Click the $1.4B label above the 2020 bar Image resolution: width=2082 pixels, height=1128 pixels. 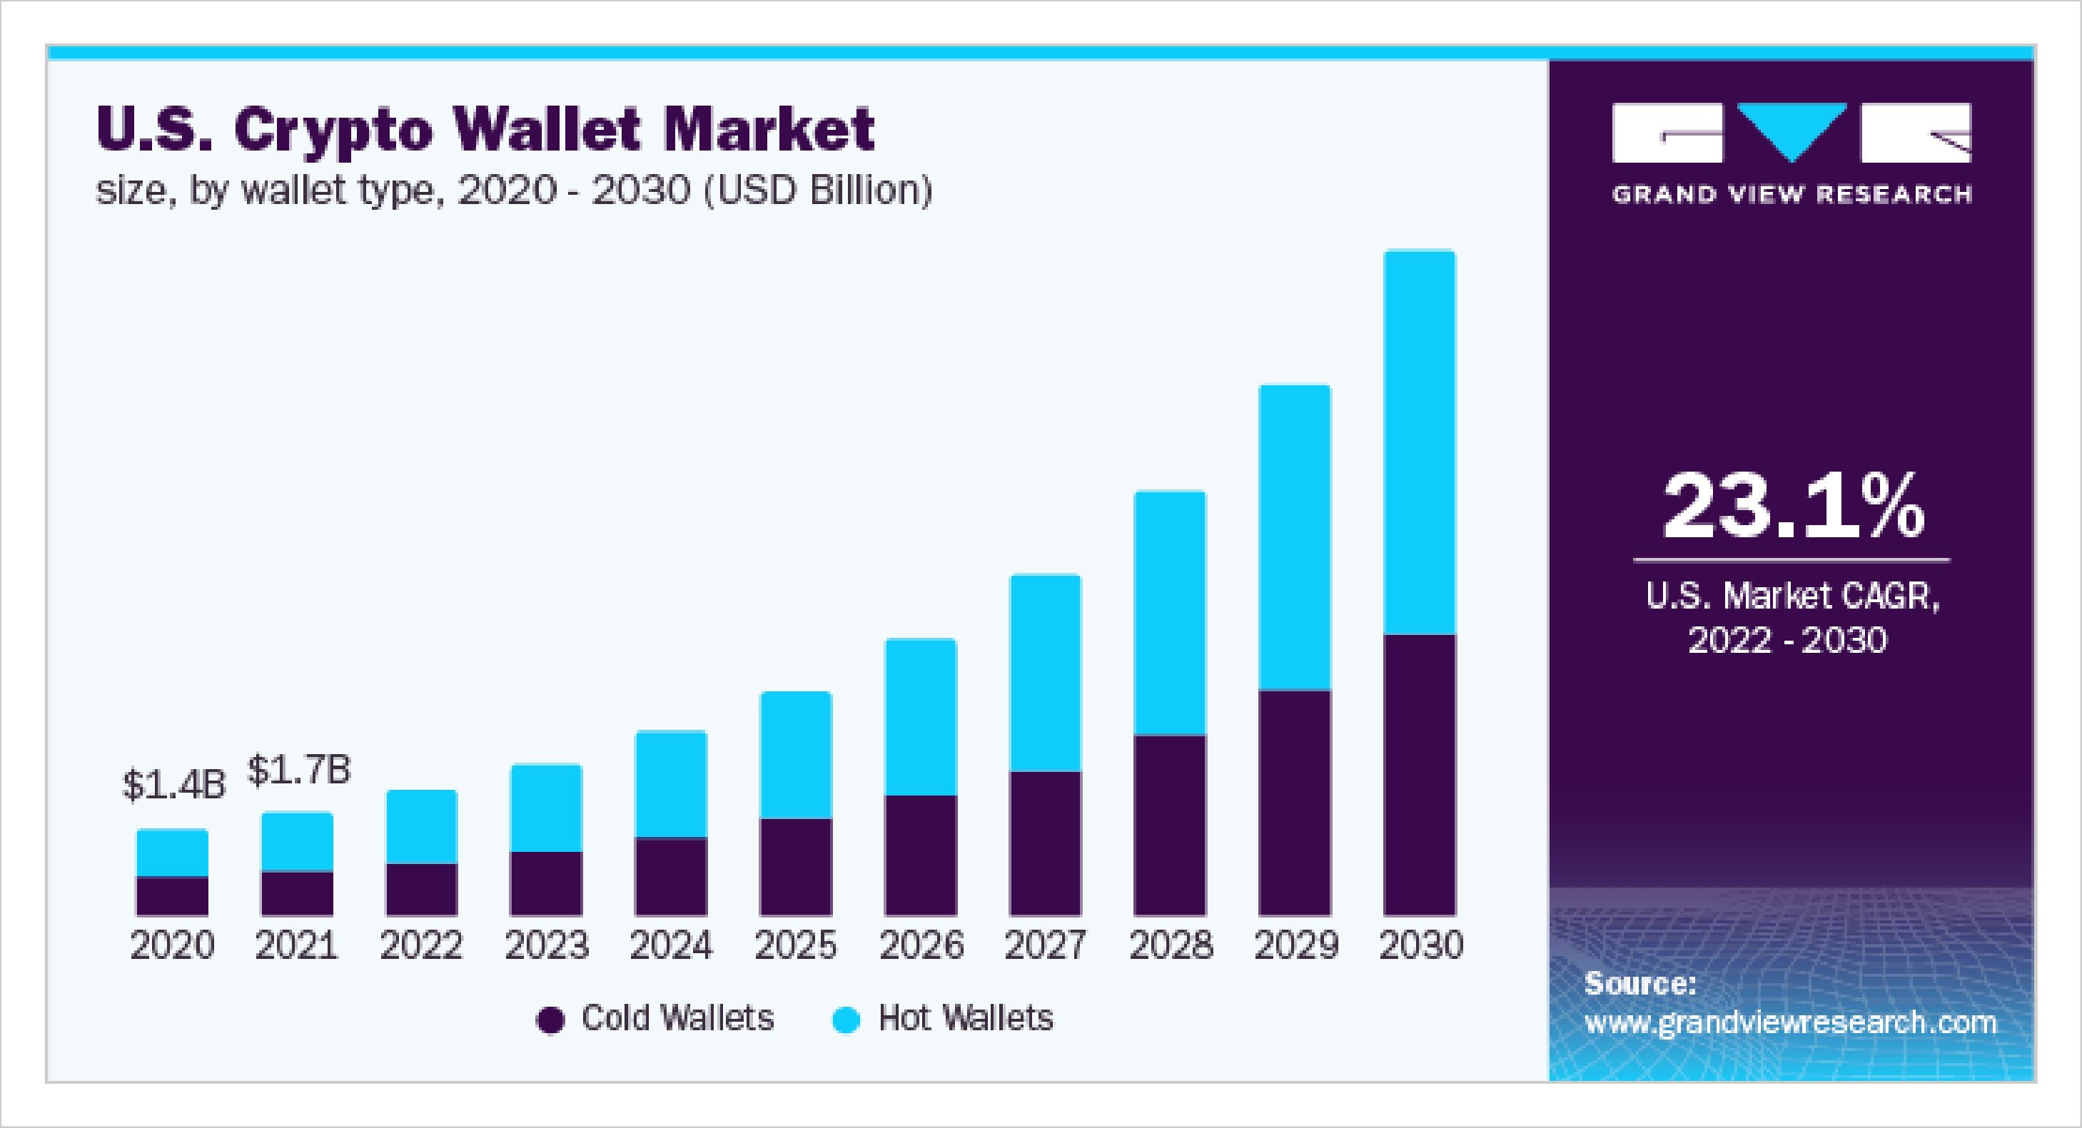[173, 785]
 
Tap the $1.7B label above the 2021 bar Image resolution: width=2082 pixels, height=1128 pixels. [299, 769]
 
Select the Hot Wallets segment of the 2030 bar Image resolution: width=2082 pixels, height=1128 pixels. [1419, 443]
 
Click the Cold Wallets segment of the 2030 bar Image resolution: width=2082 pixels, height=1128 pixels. [1419, 774]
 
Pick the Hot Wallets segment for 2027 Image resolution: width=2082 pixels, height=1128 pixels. [1045, 672]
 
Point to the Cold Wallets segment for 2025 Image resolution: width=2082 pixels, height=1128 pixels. [796, 866]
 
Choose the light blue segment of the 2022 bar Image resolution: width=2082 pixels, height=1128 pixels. [421, 827]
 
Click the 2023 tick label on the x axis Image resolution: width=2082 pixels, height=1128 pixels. [546, 945]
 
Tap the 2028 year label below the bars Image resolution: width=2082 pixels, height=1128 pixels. [1171, 945]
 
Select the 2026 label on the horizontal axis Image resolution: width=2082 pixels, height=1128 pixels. [921, 945]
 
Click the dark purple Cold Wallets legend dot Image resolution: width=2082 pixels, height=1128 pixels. [550, 1020]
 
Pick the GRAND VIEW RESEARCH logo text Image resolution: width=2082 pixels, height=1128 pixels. [1792, 195]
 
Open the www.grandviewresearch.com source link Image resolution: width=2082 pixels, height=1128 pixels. [1790, 1023]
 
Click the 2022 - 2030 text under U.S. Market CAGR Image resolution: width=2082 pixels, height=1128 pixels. [1788, 640]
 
